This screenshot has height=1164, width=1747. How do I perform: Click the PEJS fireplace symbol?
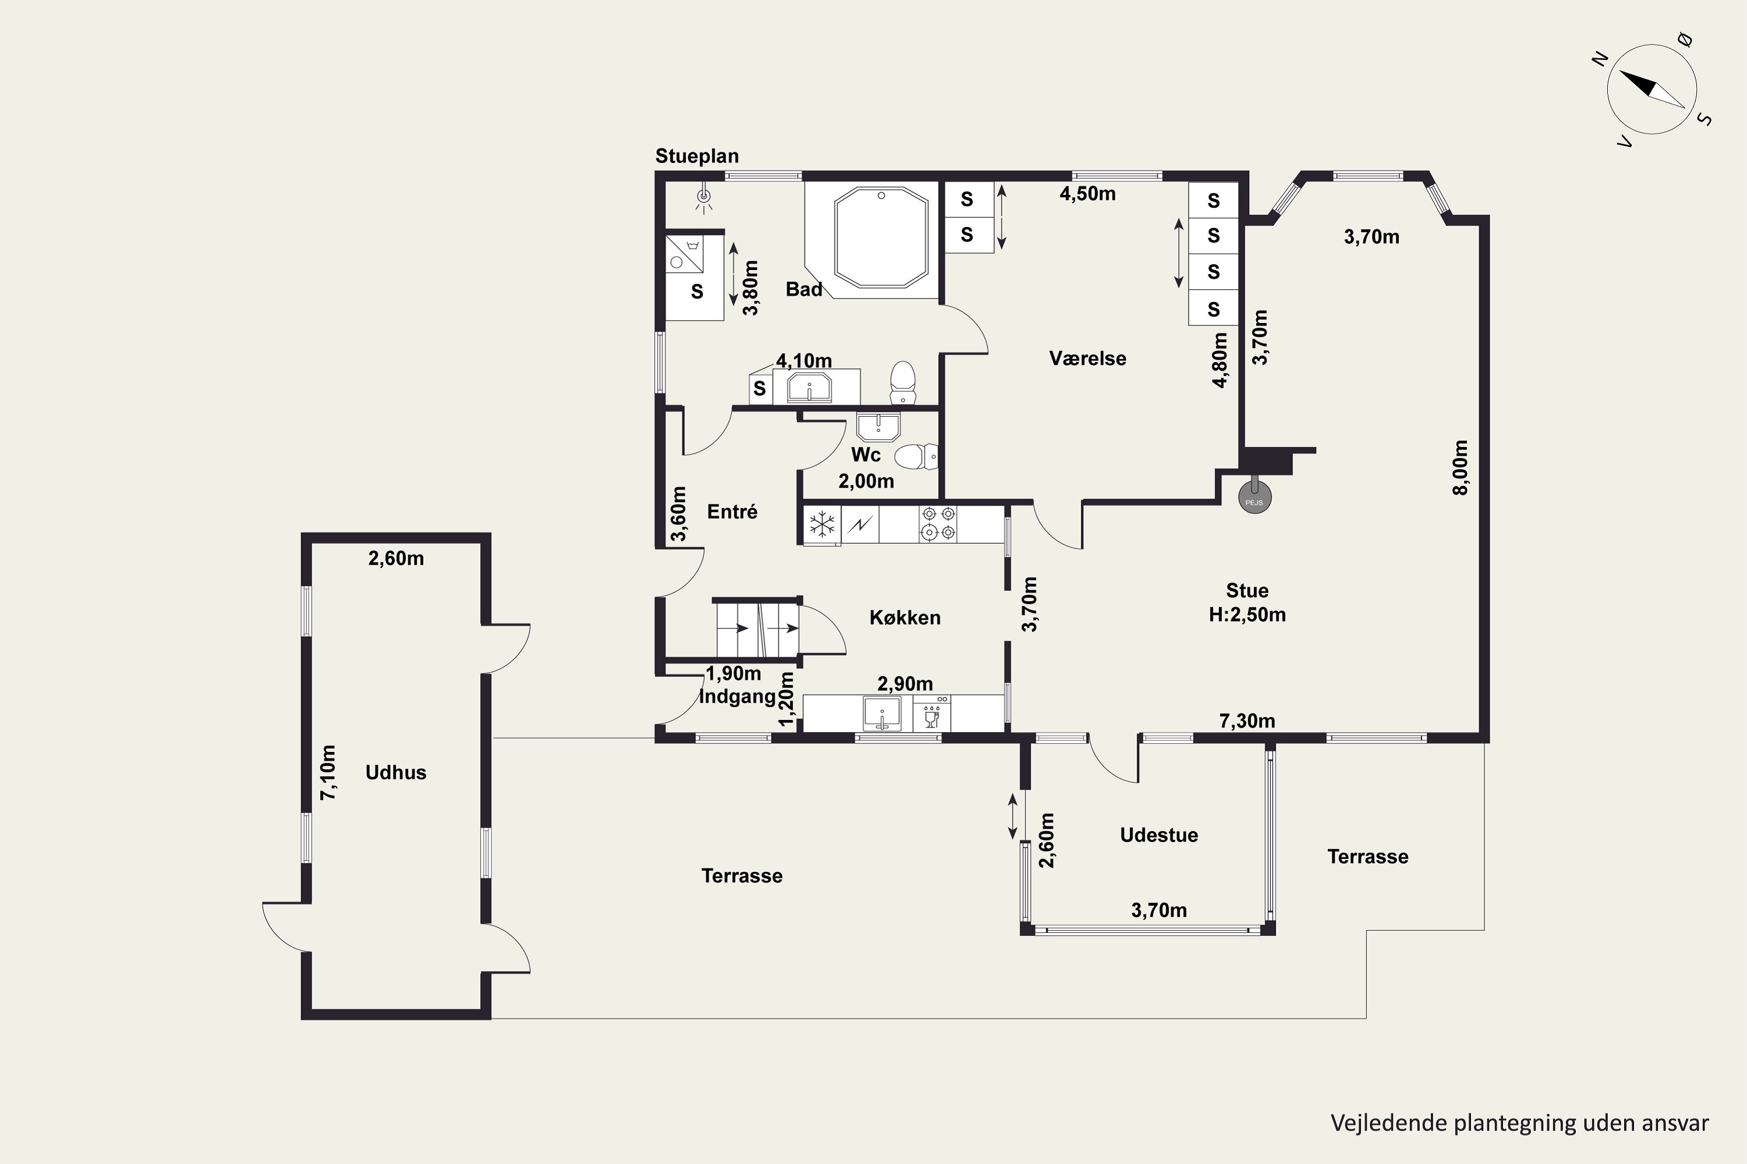[1254, 498]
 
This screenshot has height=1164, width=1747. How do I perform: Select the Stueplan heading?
[696, 156]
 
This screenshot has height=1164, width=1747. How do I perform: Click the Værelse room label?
[1087, 359]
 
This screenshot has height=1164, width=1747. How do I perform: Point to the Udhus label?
[396, 772]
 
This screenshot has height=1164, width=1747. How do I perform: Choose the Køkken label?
[905, 618]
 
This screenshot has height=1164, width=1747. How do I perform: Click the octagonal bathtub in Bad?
[881, 237]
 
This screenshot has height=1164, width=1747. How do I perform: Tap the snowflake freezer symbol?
[822, 525]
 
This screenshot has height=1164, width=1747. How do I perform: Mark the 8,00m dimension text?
[1460, 467]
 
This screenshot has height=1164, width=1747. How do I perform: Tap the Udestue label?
[1159, 835]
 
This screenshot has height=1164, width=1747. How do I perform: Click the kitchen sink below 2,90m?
[882, 714]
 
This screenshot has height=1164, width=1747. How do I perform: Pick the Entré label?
[733, 512]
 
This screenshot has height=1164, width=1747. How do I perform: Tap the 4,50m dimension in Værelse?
[1087, 194]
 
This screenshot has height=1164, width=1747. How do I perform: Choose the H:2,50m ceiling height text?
[1247, 615]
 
